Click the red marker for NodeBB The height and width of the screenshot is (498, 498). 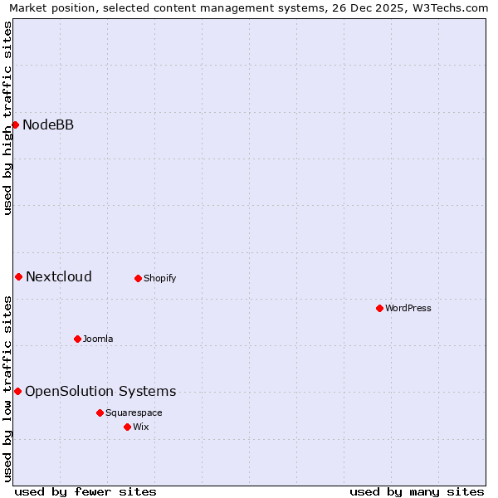[x=15, y=124]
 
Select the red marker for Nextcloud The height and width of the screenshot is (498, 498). [x=18, y=276]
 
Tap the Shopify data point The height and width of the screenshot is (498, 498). [x=138, y=278]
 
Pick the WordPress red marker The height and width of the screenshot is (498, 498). [x=379, y=308]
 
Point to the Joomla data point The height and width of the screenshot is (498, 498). [x=77, y=339]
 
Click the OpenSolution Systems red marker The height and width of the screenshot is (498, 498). [x=17, y=391]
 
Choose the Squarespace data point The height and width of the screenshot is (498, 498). [x=100, y=413]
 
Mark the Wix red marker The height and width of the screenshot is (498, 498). [x=127, y=427]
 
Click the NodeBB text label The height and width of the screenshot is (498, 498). [x=48, y=124]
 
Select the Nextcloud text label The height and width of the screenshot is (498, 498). [x=59, y=276]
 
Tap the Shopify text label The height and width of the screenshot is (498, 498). [x=160, y=278]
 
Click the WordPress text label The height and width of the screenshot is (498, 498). [x=408, y=308]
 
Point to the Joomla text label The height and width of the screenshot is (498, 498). [x=98, y=339]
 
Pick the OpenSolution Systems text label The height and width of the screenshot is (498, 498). [x=100, y=391]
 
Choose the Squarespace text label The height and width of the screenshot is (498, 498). [x=134, y=413]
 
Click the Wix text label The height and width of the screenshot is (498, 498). [x=140, y=427]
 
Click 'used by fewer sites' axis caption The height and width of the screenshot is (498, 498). [x=85, y=491]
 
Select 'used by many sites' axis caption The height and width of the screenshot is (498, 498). [x=417, y=491]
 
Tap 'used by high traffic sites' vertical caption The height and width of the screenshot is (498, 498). [x=7, y=118]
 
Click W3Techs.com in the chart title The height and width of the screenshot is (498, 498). [x=450, y=7]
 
